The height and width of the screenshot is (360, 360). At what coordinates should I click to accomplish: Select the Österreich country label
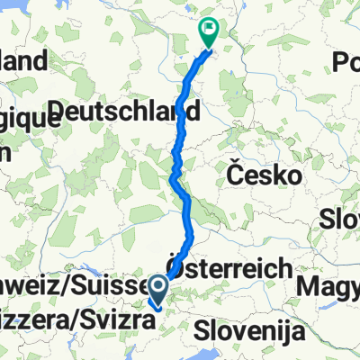coord(229,268)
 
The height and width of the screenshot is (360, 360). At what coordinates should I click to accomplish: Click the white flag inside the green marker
coord(210,28)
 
